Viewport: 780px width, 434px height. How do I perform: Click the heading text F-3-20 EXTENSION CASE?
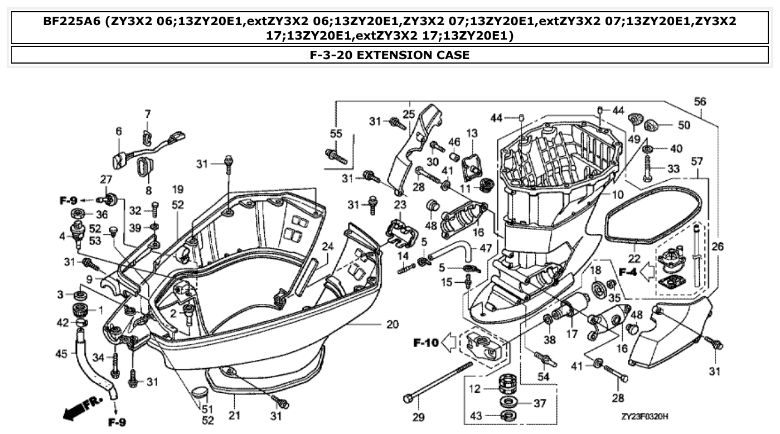coord(390,55)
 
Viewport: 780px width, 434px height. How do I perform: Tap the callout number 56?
coord(700,101)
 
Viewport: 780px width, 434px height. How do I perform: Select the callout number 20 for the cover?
coord(393,324)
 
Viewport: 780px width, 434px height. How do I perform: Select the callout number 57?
coord(697,161)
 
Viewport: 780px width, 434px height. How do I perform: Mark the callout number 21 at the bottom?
coord(235,415)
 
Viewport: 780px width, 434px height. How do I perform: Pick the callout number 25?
coord(409,114)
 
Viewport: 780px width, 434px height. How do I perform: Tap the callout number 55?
coord(336,134)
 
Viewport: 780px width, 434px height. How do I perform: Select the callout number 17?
coord(571,335)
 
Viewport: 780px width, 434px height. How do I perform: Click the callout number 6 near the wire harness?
coord(118,131)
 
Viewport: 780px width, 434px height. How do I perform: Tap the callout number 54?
coord(543,377)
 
